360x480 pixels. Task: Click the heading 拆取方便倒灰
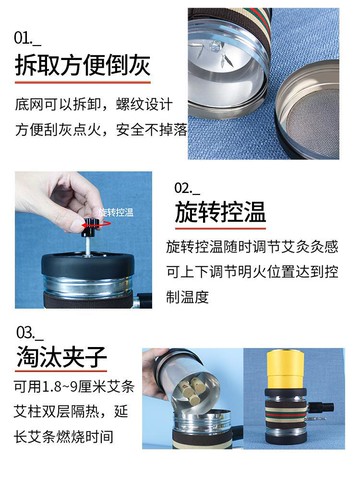(x=82, y=66)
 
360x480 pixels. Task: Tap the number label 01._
(x=27, y=38)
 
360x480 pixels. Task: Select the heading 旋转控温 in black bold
(x=220, y=212)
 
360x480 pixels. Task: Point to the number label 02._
(x=187, y=188)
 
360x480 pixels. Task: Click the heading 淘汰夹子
(x=61, y=356)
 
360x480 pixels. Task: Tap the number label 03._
(x=30, y=333)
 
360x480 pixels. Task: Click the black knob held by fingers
(x=90, y=226)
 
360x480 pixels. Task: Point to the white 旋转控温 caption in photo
(x=116, y=212)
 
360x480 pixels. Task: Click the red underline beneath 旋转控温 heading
(x=220, y=229)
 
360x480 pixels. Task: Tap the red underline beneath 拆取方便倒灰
(x=83, y=82)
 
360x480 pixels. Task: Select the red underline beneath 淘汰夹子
(x=61, y=371)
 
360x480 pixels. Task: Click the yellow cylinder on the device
(x=285, y=369)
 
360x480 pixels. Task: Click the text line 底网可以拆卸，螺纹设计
(x=93, y=105)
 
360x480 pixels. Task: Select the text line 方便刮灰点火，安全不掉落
(x=101, y=130)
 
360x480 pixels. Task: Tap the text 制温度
(x=187, y=297)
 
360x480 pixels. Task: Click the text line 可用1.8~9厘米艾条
(x=74, y=387)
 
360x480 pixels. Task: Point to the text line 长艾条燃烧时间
(x=64, y=437)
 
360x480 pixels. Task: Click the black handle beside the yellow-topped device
(x=321, y=407)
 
